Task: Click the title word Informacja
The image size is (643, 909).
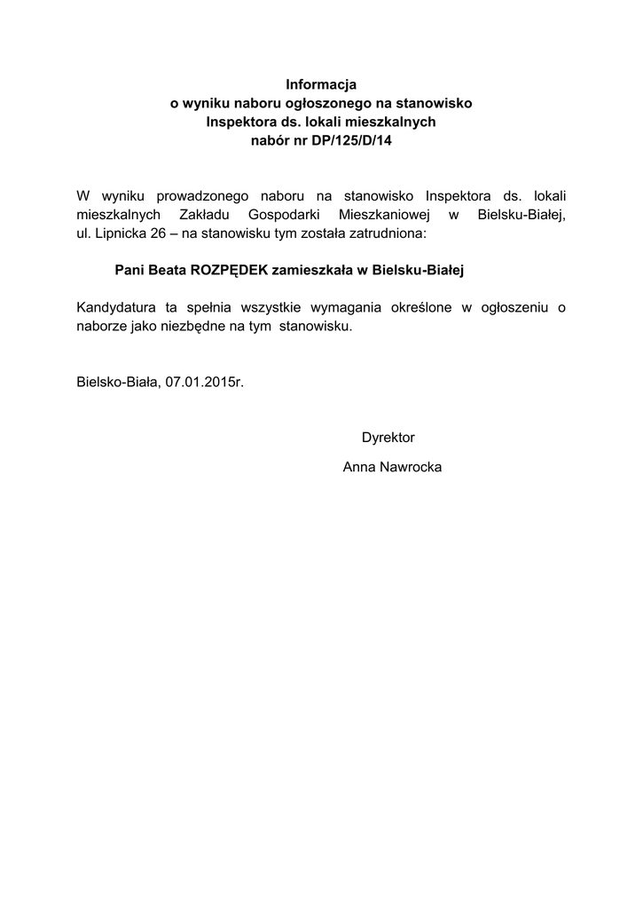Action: click(x=321, y=85)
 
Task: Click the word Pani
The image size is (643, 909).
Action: click(x=129, y=269)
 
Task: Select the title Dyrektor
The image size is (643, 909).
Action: click(x=388, y=438)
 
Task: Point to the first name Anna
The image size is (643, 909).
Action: click(x=357, y=467)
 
